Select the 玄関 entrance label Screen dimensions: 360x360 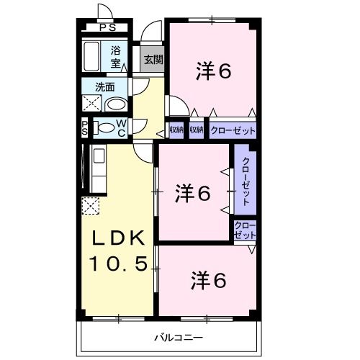click(153, 60)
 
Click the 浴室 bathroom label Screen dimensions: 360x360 click(115, 56)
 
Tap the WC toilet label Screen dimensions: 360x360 click(121, 129)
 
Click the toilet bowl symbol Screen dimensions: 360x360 click(105, 129)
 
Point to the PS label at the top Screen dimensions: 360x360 click(107, 28)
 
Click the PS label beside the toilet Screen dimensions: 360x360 click(84, 129)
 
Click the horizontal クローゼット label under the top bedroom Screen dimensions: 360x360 click(232, 130)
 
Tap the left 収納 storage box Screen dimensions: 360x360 click(176, 130)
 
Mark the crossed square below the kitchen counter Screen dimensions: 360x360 click(91, 206)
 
